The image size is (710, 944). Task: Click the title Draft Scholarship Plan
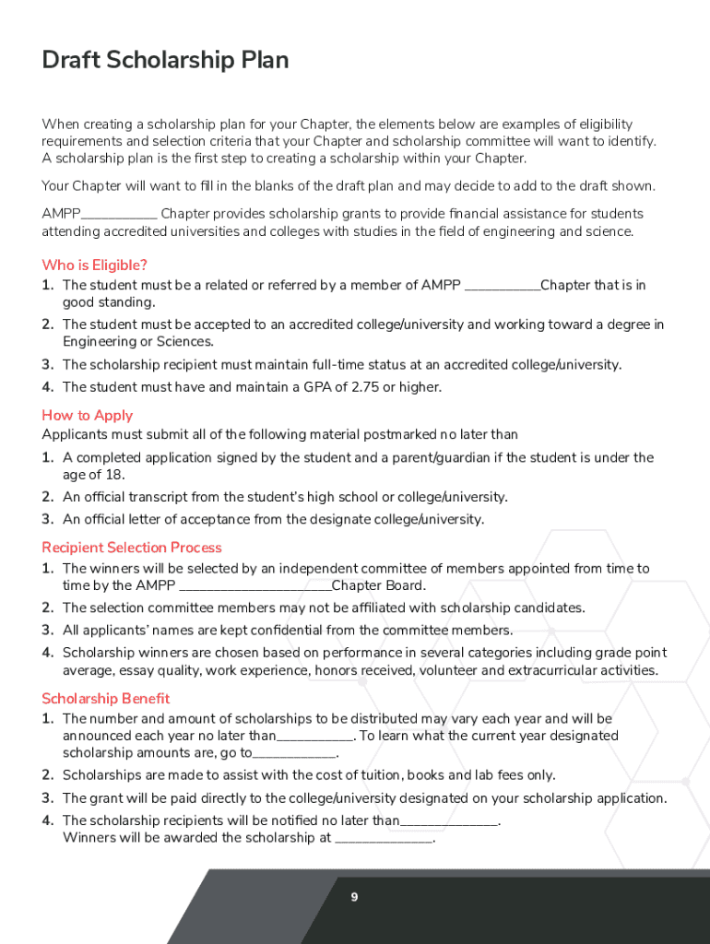[165, 61]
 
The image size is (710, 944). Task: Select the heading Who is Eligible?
[94, 265]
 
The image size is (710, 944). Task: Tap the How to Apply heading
[88, 415]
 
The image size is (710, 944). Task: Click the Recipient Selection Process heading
[132, 548]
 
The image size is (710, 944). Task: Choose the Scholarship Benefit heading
[106, 698]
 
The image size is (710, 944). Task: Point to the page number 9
[354, 897]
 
